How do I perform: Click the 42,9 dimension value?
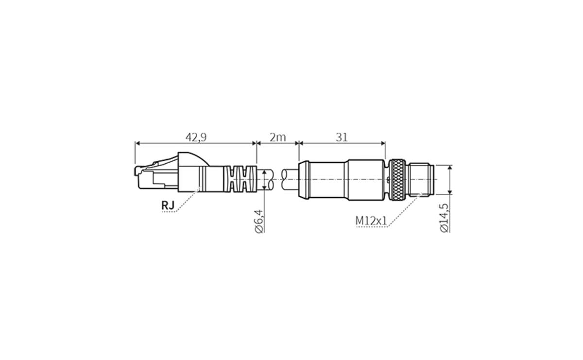196,137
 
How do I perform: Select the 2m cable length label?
277,137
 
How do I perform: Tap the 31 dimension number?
342,137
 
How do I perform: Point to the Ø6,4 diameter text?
259,221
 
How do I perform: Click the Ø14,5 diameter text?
444,218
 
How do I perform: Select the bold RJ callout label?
168,206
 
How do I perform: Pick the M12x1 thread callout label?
371,221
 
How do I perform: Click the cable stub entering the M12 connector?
290,180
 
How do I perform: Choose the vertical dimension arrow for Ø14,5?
450,180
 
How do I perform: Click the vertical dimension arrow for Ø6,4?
264,179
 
